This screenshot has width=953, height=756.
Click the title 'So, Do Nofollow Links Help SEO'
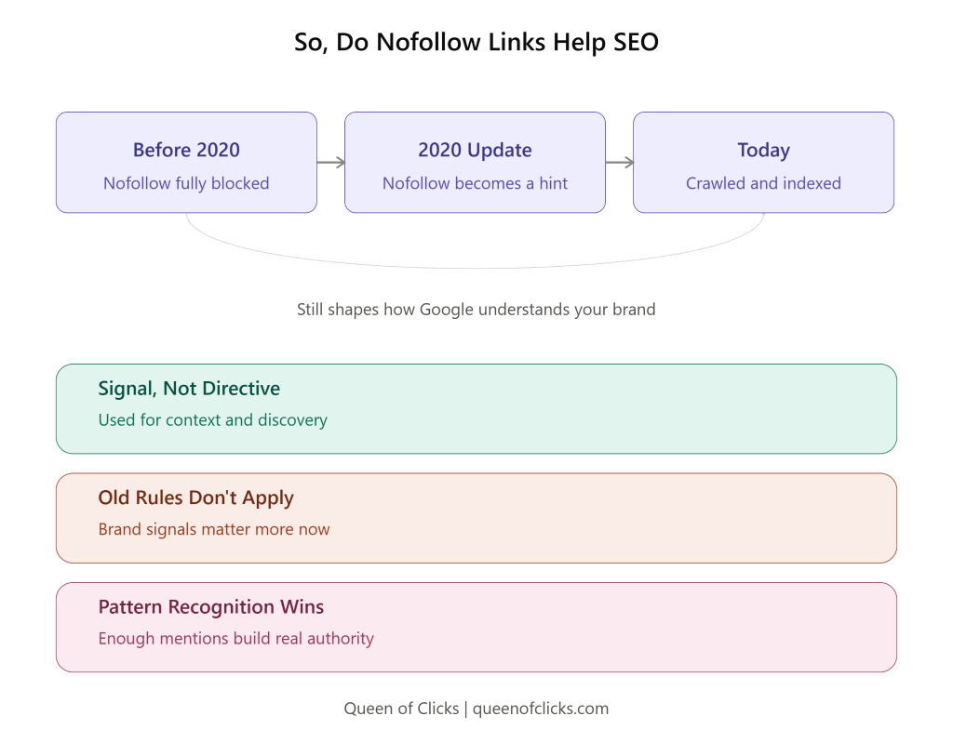(476, 43)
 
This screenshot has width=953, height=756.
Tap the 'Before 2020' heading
(186, 150)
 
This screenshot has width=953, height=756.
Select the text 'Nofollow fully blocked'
(186, 183)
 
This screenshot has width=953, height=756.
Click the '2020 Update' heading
(475, 150)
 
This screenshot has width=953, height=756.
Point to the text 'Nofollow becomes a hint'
(475, 183)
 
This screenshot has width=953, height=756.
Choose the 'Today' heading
(763, 150)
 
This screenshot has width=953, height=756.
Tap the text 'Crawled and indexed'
(763, 183)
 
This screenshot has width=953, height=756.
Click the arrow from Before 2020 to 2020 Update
(330, 162)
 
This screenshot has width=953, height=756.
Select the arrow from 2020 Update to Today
(619, 162)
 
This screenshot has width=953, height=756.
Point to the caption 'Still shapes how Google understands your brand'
(476, 310)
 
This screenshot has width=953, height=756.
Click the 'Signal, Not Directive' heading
(189, 389)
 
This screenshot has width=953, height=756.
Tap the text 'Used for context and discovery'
(213, 420)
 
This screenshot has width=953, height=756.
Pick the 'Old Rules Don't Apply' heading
(195, 497)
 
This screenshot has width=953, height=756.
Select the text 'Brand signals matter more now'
(214, 529)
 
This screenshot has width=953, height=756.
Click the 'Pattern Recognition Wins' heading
(211, 607)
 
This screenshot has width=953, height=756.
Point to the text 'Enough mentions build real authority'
(235, 639)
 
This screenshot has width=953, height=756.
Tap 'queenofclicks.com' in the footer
(541, 709)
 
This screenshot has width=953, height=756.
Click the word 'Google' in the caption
(446, 310)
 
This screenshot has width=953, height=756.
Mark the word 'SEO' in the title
(636, 43)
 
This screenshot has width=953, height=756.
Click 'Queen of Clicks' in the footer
(401, 709)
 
